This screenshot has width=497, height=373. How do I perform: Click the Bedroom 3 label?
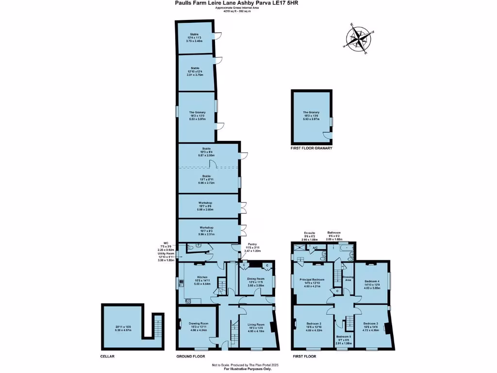(370, 323)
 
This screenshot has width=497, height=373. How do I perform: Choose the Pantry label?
(252, 244)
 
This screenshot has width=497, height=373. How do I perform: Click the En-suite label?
(310, 233)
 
